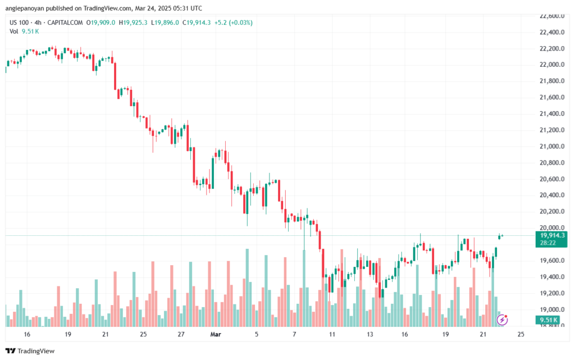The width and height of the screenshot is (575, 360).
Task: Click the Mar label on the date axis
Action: [x=216, y=334]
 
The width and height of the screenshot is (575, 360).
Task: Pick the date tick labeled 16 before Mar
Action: [x=27, y=334]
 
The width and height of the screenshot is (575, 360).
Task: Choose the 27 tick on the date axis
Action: [x=181, y=334]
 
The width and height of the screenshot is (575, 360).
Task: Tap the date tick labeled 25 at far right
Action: [x=521, y=334]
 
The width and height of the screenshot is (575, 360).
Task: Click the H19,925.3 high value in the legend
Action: [x=136, y=22]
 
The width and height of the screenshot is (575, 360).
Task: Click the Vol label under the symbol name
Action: [x=14, y=31]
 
